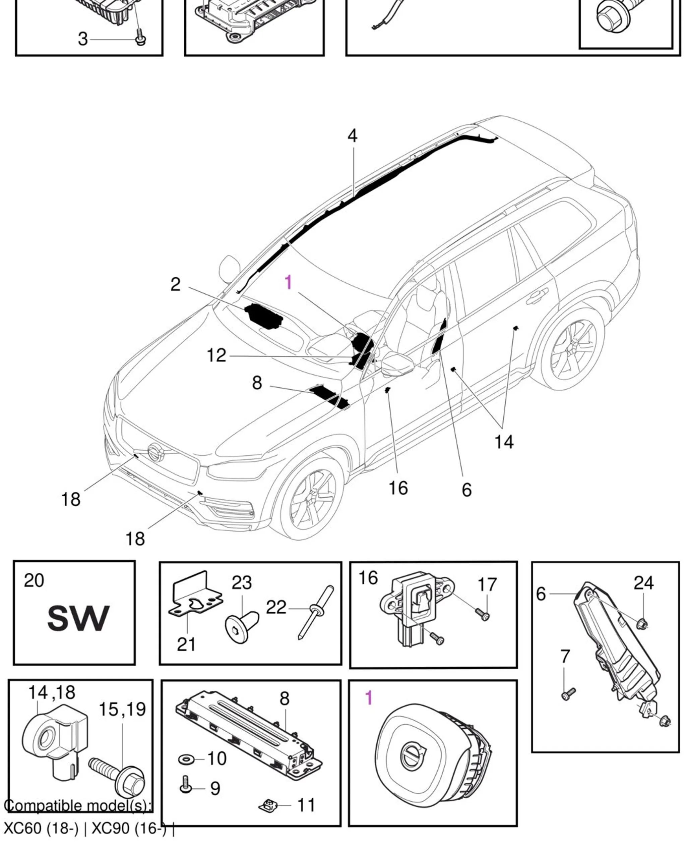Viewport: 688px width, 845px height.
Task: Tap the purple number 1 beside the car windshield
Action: coord(288,282)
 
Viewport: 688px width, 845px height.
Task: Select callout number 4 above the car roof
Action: coord(352,135)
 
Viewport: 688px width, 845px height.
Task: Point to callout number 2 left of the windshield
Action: coord(175,284)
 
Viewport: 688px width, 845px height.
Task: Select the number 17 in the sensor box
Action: coord(487,584)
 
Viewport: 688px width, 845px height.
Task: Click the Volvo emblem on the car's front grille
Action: coord(155,452)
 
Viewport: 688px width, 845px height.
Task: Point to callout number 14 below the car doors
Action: coord(504,441)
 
